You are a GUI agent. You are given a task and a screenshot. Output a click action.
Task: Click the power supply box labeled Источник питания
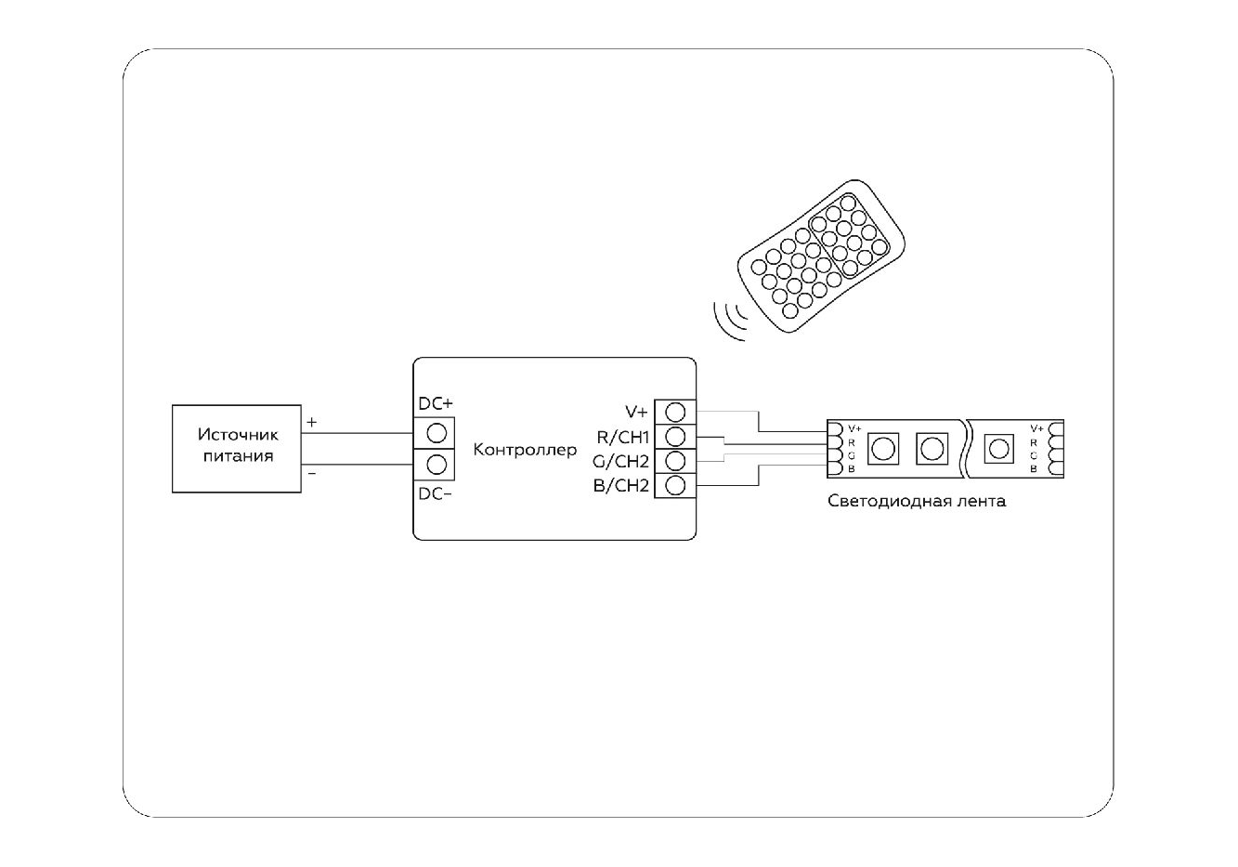point(237,448)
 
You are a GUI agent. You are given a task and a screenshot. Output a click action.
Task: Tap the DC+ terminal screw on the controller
point(437,432)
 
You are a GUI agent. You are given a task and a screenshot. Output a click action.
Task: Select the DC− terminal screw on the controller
point(437,464)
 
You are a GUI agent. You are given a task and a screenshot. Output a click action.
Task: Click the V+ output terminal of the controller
point(676,412)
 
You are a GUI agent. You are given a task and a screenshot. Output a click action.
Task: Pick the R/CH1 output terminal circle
point(676,436)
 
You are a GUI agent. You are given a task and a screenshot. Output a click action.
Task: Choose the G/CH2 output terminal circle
point(676,460)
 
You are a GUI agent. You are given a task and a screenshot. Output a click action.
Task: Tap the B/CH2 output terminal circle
point(676,484)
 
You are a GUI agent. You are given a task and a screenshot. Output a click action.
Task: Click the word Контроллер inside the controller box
point(525,451)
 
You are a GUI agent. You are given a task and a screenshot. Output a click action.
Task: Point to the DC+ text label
point(435,404)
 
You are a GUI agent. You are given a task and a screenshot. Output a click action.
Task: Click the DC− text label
point(435,494)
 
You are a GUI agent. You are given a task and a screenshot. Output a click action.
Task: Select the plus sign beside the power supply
point(311,422)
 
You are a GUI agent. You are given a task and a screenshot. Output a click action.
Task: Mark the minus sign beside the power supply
point(311,474)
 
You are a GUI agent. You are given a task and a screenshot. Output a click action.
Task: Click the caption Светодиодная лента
point(916,502)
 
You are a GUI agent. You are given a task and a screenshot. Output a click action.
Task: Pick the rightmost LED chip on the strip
point(998,449)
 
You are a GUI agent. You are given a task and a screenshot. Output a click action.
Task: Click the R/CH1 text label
point(621,437)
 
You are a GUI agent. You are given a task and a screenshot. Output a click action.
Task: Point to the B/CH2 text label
point(620,485)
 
